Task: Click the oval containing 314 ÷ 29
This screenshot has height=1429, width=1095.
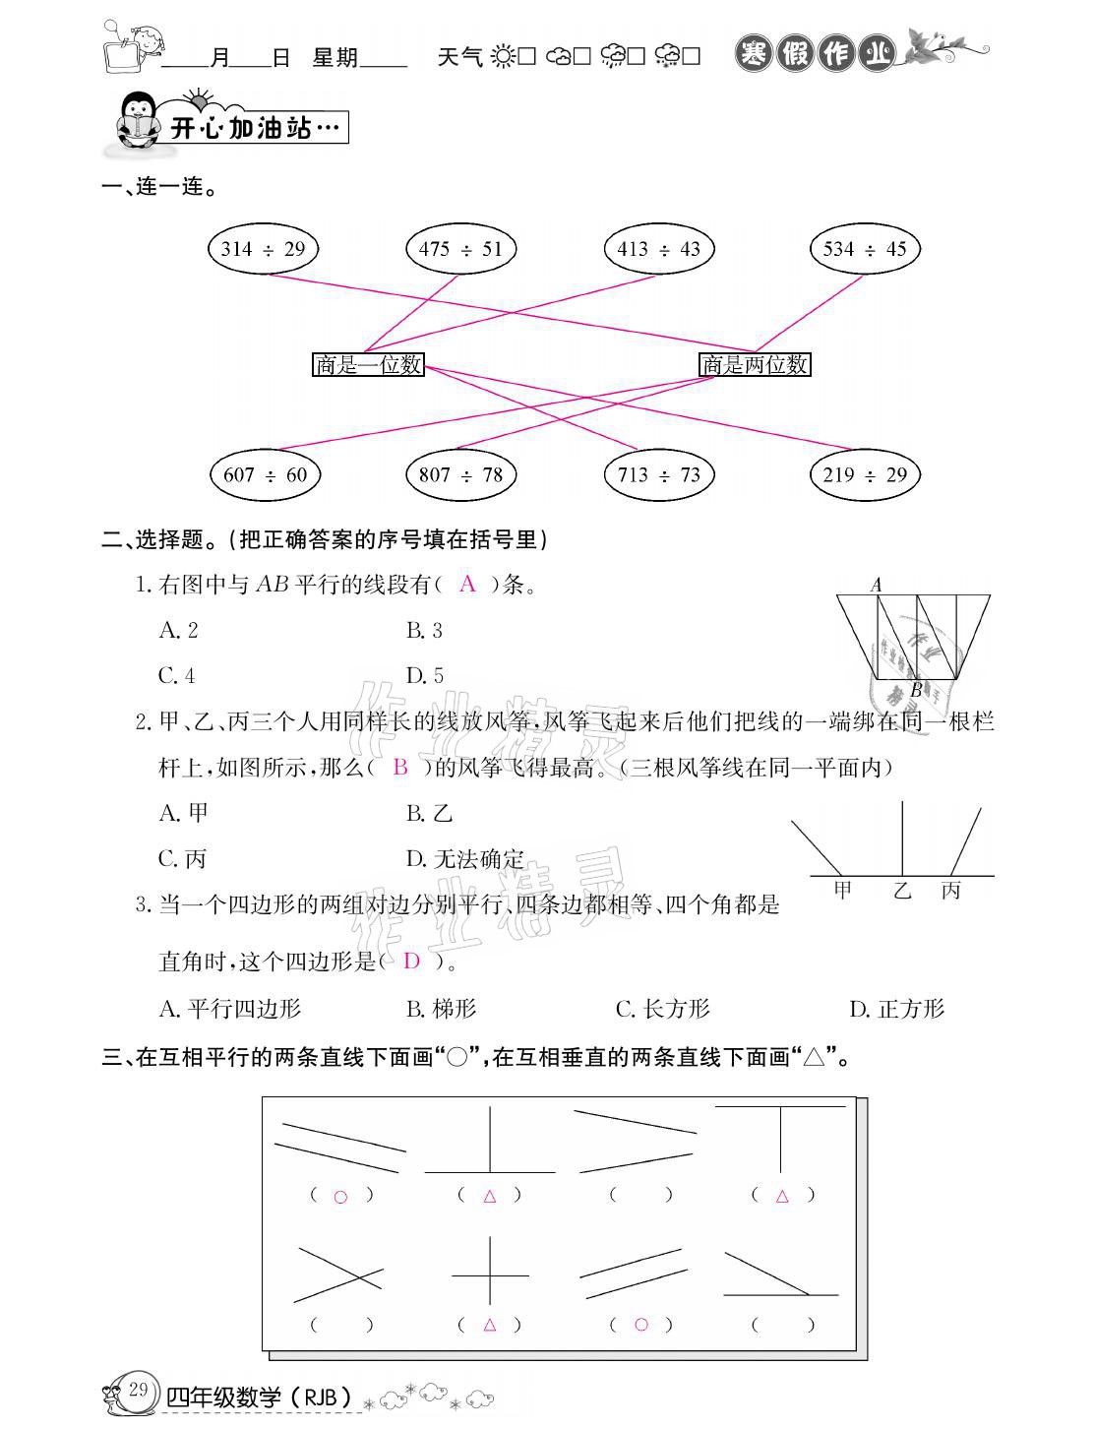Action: click(x=263, y=249)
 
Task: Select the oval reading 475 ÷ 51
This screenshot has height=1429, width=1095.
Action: click(x=460, y=249)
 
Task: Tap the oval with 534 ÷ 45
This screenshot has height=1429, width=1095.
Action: click(x=864, y=249)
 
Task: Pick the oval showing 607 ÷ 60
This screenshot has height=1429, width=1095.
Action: click(x=265, y=475)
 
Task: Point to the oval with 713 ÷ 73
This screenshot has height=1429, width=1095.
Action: click(x=658, y=475)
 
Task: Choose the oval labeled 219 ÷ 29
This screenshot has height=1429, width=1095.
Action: click(x=864, y=475)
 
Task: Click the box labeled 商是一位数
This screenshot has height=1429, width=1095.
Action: click(x=368, y=365)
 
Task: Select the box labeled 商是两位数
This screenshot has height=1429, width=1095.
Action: click(x=755, y=365)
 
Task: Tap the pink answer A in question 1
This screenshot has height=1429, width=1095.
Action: click(x=468, y=585)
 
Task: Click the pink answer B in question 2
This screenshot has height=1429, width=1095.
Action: click(x=399, y=768)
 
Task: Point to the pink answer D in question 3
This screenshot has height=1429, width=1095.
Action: click(x=411, y=962)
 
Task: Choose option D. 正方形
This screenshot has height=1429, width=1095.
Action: click(x=896, y=1009)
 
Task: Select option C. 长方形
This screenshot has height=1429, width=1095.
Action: click(x=662, y=1009)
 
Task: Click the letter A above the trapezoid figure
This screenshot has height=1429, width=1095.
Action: click(x=877, y=586)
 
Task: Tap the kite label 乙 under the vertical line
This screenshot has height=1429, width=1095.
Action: click(x=902, y=892)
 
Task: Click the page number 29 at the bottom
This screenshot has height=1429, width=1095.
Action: click(x=138, y=1390)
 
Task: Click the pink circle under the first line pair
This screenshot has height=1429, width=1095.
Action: click(x=340, y=1197)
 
